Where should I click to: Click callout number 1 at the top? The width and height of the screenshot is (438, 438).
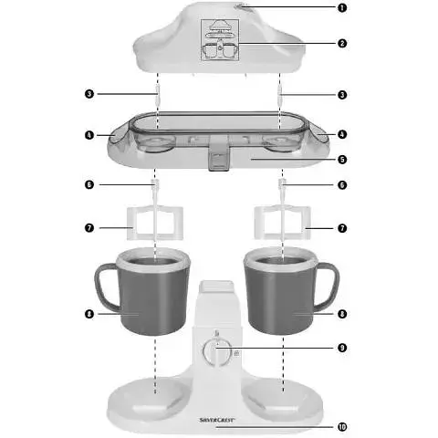[342, 7]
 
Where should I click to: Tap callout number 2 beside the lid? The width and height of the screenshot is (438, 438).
[342, 43]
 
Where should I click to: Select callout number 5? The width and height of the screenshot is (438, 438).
[342, 159]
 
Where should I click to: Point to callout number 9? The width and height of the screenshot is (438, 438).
[342, 347]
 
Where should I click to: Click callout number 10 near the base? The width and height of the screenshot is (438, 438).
[342, 426]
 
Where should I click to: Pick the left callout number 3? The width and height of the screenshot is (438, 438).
[89, 94]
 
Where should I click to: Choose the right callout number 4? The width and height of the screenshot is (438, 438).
[342, 134]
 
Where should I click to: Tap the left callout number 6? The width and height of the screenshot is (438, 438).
[89, 184]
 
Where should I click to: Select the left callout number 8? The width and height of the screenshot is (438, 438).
[89, 314]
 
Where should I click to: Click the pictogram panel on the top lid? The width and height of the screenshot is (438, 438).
[220, 41]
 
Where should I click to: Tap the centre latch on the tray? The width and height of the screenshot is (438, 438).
[217, 155]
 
